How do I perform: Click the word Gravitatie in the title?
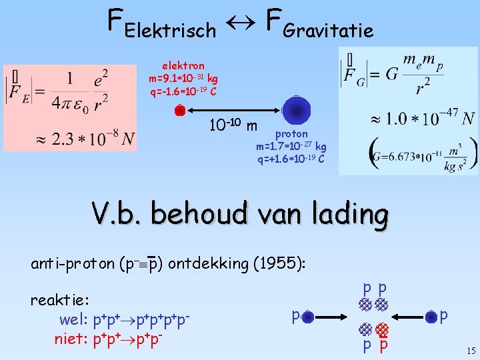[x=328, y=30]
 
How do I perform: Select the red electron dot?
[x=179, y=111]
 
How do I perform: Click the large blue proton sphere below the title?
[x=296, y=111]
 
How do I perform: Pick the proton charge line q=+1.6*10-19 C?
[x=291, y=159]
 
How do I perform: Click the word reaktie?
[x=60, y=300]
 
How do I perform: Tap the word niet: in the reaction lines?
[x=71, y=340]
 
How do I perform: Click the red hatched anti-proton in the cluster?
[x=382, y=329]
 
